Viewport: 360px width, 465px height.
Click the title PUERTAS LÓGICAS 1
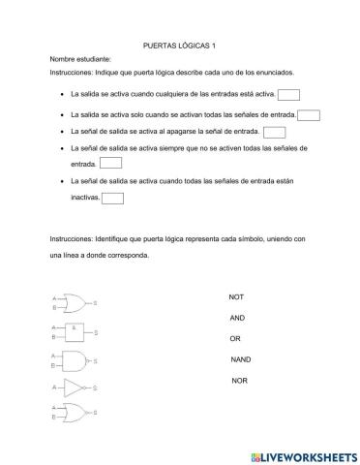(179, 45)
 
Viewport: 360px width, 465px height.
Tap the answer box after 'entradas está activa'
(288, 95)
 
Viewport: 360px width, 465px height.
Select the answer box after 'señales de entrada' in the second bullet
(309, 115)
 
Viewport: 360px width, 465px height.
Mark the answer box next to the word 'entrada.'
(110, 165)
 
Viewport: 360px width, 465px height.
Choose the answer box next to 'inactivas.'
(112, 198)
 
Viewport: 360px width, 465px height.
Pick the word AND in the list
(237, 318)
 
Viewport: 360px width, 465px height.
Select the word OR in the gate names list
(234, 338)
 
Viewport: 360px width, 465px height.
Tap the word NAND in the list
(240, 359)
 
